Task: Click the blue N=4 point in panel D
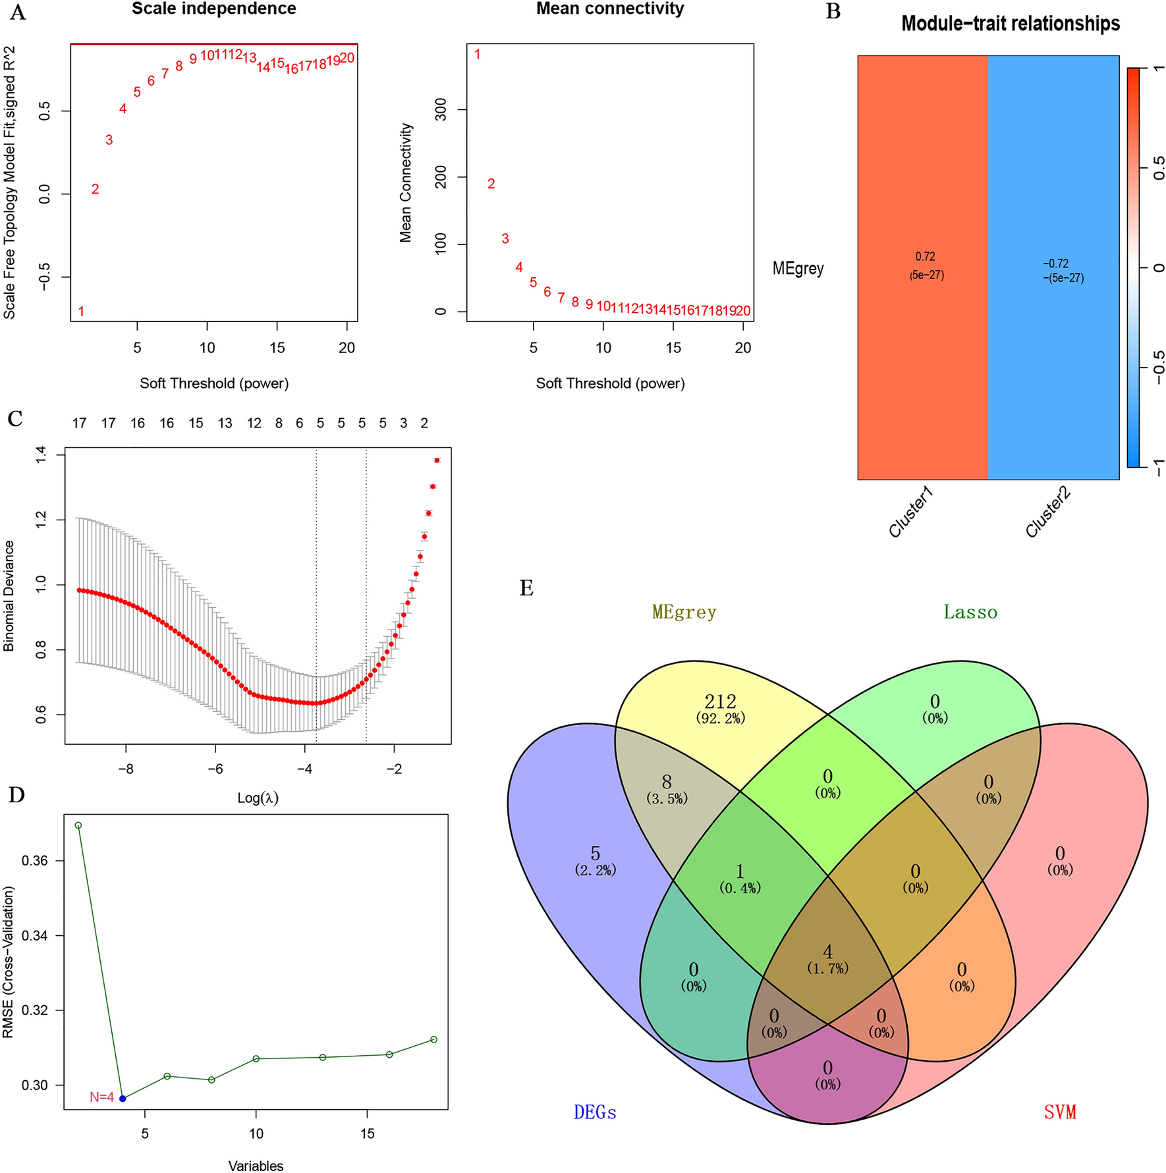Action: (123, 1098)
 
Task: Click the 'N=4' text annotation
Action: (101, 1097)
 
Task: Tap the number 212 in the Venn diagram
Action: (720, 701)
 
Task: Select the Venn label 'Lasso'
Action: (970, 613)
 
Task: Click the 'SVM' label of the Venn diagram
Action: (1060, 1112)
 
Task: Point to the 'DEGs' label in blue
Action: (595, 1112)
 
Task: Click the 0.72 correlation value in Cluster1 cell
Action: (925, 257)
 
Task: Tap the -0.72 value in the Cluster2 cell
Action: (1055, 263)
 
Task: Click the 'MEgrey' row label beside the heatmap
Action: (798, 269)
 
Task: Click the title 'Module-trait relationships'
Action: (1010, 24)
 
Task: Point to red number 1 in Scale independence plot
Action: (81, 312)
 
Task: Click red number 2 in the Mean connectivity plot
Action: (491, 184)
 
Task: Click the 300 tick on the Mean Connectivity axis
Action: (441, 110)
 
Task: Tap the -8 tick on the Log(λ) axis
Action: (126, 769)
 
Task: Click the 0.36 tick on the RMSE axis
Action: (36, 861)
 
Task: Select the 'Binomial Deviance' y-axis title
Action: (9, 596)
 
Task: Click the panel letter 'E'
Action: (526, 588)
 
